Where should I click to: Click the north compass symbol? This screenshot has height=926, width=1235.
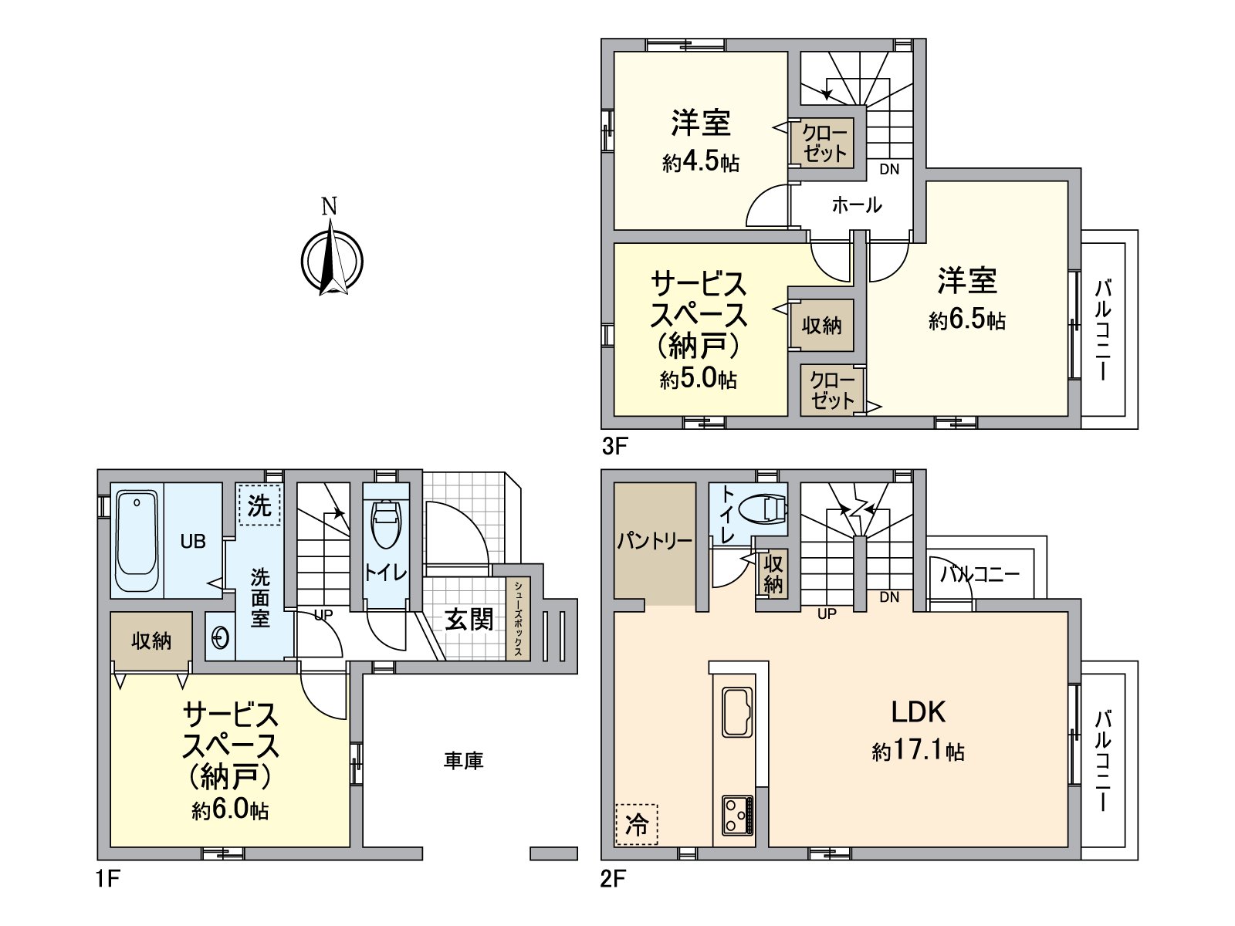(331, 259)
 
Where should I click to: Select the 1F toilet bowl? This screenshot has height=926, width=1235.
(385, 524)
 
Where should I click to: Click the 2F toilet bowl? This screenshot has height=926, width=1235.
(763, 509)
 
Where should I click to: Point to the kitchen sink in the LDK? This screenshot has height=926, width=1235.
(738, 711)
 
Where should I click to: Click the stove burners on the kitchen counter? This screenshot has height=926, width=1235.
(738, 814)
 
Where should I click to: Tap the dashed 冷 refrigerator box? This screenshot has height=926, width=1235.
(637, 824)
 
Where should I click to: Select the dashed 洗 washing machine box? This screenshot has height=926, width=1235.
(259, 505)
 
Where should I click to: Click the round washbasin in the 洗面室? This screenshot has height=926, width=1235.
(220, 638)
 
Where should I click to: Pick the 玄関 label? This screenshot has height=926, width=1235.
(469, 619)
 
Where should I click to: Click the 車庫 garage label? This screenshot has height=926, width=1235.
(463, 761)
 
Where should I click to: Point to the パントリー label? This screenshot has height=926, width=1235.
(655, 541)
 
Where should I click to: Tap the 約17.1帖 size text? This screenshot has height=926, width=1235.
(918, 751)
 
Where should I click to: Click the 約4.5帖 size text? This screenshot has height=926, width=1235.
(700, 162)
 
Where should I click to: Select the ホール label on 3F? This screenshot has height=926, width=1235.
(857, 205)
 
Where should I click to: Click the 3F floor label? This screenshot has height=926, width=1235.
(614, 446)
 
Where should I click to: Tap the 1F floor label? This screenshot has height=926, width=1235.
(110, 878)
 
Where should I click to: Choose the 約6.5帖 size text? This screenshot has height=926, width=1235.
(966, 320)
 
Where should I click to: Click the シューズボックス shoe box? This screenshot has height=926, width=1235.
(518, 620)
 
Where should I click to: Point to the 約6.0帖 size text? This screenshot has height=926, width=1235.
(230, 810)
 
